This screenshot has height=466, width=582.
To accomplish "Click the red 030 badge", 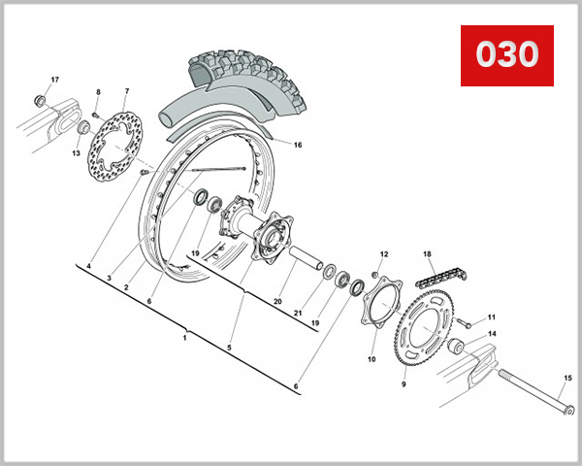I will tap(505, 54).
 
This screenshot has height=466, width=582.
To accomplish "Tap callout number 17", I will tap(54, 80).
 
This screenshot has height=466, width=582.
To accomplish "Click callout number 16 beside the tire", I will tap(298, 145).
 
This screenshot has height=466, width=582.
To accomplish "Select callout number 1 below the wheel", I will tap(184, 339).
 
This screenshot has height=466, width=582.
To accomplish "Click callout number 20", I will tap(276, 302).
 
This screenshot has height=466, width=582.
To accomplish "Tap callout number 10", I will tap(372, 359).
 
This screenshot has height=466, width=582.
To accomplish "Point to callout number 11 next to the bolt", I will tap(491, 317).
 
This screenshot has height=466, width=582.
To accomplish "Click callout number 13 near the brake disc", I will tap(75, 151).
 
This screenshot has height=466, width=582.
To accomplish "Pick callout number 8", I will tap(97, 91).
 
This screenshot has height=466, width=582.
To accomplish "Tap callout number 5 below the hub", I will tap(230, 348).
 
